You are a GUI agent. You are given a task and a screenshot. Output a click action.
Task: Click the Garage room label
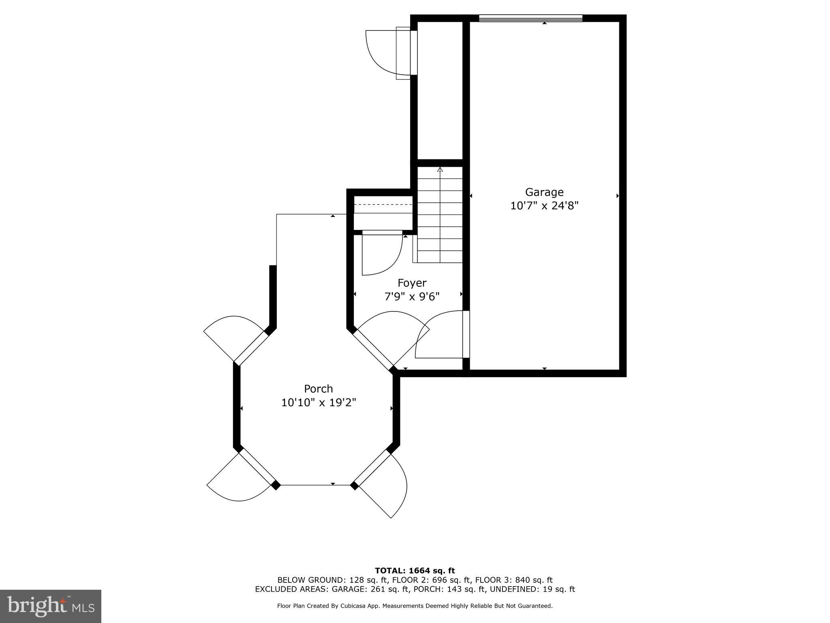544,192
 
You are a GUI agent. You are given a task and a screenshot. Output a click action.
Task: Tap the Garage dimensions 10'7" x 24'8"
544,206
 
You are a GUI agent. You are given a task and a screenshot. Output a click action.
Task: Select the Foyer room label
412,283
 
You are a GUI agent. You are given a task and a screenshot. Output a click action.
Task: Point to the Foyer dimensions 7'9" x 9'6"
412,297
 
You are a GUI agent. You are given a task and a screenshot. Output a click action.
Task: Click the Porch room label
319,389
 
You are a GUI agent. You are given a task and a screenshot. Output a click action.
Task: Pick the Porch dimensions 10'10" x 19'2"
319,403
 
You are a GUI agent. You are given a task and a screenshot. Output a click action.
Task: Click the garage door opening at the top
531,18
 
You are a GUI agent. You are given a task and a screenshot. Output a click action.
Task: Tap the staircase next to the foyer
440,215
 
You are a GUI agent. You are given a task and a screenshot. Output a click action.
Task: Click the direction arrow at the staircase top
440,170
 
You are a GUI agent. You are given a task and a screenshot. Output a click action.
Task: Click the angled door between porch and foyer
373,349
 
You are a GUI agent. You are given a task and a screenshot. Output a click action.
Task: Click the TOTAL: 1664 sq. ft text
415,571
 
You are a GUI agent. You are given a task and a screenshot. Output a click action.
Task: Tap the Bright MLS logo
51,606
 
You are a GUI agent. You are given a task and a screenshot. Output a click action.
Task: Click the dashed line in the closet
383,204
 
